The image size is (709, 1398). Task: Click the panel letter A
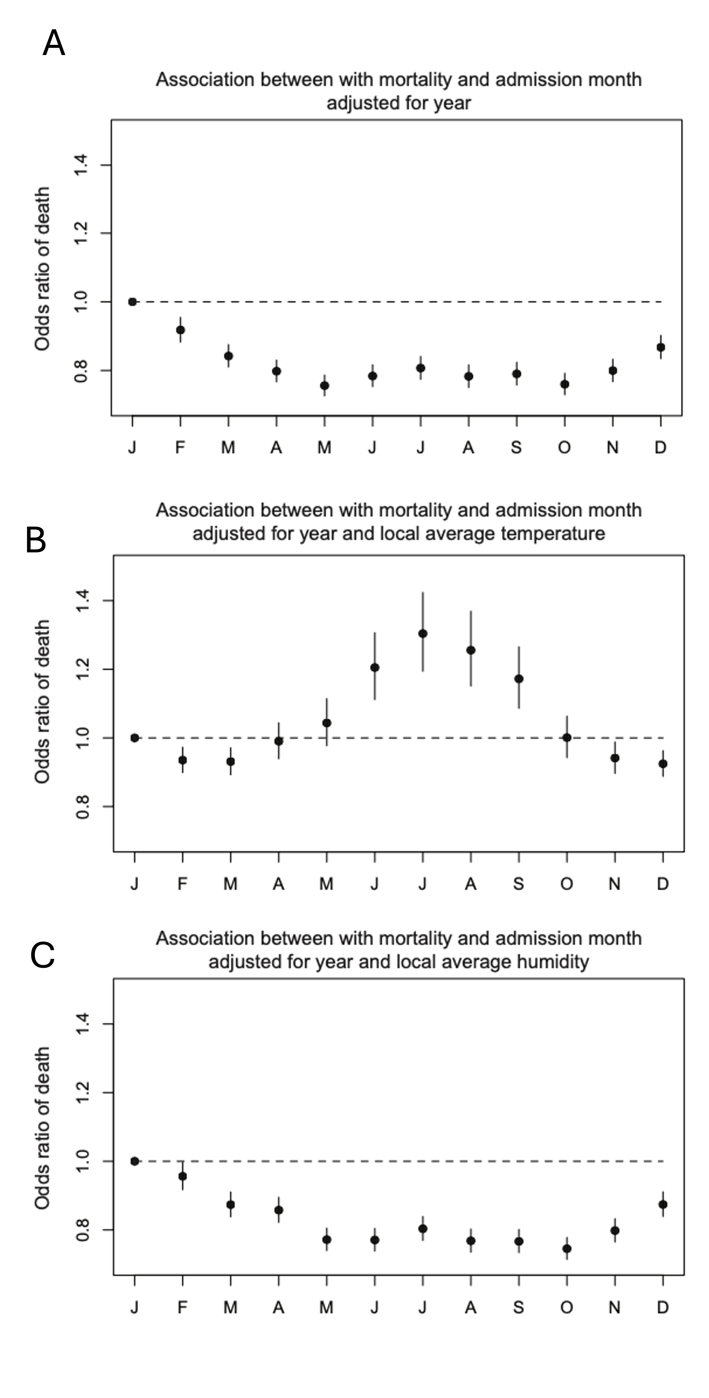tap(54, 43)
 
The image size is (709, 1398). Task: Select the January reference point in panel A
tap(132, 302)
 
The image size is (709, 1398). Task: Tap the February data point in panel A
tap(181, 329)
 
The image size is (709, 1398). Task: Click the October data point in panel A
tap(565, 384)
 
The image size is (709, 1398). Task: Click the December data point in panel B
tap(663, 764)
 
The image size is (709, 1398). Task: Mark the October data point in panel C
tap(567, 1248)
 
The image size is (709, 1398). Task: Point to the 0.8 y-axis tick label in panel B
tap(82, 806)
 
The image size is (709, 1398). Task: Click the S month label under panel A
tap(516, 448)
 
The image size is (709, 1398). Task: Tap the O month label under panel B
tap(566, 884)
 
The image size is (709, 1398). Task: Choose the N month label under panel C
tap(614, 1307)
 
